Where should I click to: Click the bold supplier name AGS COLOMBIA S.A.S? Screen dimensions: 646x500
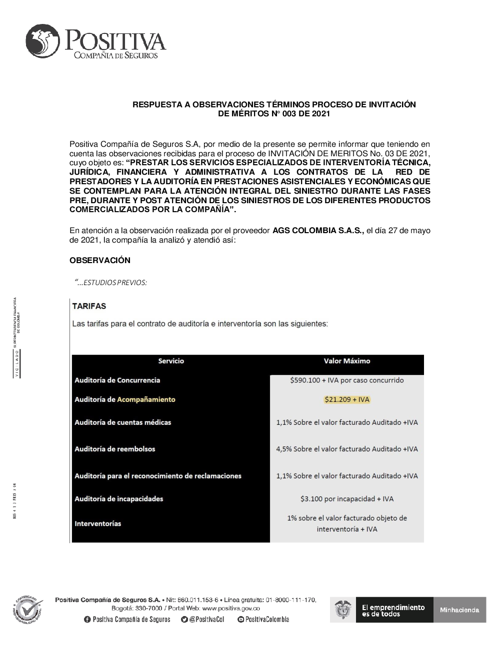click(318, 231)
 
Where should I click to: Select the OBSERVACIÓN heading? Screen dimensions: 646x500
click(100, 260)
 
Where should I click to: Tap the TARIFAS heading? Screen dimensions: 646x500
click(89, 306)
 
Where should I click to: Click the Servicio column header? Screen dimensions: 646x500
click(171, 361)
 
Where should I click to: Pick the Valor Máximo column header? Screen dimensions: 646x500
click(346, 361)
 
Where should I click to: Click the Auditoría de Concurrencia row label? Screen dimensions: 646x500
click(117, 380)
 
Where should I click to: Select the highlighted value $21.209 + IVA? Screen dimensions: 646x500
click(346, 399)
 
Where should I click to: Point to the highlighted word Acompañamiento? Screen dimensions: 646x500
click(146, 399)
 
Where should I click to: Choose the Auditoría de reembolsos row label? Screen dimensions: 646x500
click(114, 449)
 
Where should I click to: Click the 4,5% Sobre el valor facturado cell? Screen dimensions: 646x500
click(346, 449)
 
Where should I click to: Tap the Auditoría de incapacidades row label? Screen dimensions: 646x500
click(118, 499)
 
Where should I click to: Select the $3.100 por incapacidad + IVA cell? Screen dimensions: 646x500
click(346, 499)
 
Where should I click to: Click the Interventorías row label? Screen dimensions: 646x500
click(97, 524)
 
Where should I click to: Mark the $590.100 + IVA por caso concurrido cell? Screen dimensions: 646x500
click(346, 380)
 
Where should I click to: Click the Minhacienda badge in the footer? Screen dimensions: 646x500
click(459, 610)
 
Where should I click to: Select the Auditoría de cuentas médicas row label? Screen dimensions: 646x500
click(122, 422)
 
